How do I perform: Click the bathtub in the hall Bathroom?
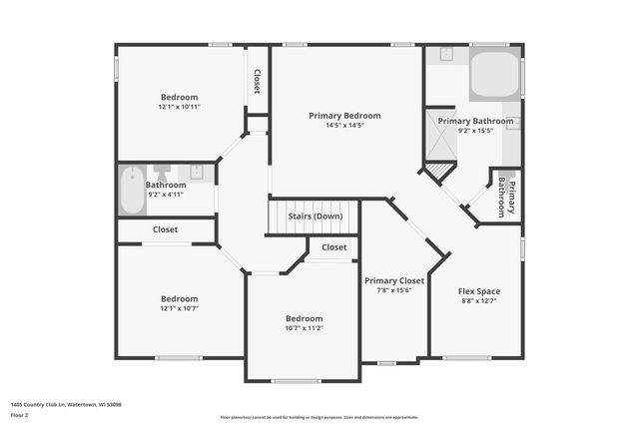pyautogui.click(x=132, y=190)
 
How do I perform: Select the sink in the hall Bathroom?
pyautogui.click(x=197, y=172)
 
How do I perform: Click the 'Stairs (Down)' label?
pyautogui.click(x=315, y=216)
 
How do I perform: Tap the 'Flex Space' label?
pyautogui.click(x=480, y=291)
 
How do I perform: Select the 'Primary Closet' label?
pyautogui.click(x=394, y=281)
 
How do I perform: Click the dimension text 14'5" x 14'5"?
pyautogui.click(x=344, y=126)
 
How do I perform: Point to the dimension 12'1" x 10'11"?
pyautogui.click(x=180, y=107)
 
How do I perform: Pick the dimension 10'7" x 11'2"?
pyautogui.click(x=304, y=328)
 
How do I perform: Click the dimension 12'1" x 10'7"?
pyautogui.click(x=180, y=308)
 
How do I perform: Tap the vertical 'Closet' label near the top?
pyautogui.click(x=258, y=81)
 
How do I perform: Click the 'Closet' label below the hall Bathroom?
pyautogui.click(x=166, y=229)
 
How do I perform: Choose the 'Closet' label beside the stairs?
pyautogui.click(x=334, y=247)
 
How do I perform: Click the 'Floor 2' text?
pyautogui.click(x=19, y=413)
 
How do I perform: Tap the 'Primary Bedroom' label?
pyautogui.click(x=344, y=116)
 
